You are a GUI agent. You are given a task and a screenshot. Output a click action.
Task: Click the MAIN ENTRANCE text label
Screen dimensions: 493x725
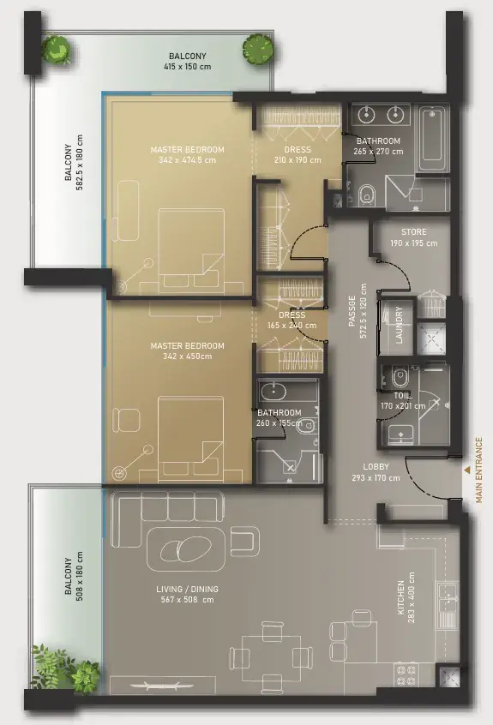click(478, 470)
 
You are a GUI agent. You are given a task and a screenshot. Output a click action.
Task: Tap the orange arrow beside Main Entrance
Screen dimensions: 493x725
click(467, 470)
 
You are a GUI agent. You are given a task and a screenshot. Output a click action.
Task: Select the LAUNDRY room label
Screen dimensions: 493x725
click(400, 325)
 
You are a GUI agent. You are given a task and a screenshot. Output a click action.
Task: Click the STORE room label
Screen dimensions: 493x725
click(414, 232)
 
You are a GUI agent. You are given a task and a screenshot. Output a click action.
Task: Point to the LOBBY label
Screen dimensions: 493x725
click(376, 467)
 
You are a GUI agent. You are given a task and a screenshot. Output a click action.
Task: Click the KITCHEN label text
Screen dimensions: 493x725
click(401, 598)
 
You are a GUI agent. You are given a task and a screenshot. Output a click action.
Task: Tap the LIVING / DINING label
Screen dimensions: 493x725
click(187, 589)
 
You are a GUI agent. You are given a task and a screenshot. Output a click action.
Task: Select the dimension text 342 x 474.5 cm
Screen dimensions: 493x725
click(187, 160)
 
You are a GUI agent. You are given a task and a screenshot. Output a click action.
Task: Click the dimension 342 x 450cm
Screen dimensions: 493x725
click(187, 356)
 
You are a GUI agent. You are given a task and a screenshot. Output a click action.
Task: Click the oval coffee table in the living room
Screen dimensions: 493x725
click(186, 549)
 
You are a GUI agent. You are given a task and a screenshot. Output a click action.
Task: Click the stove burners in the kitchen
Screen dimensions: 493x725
click(406, 674)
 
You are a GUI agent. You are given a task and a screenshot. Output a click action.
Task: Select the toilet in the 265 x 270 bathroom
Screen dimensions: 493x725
click(367, 195)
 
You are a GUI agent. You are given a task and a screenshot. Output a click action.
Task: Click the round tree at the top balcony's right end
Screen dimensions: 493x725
click(257, 48)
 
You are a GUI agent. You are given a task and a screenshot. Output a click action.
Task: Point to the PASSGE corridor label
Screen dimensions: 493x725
click(352, 311)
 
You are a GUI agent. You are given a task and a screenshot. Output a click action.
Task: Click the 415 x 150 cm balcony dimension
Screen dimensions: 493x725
click(187, 67)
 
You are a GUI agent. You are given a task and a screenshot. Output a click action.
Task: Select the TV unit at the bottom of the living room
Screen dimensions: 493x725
click(162, 686)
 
